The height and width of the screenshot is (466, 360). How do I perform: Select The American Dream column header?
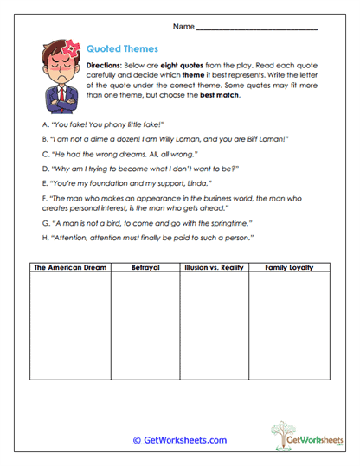(70, 268)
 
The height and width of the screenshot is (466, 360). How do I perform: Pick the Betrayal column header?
(144, 268)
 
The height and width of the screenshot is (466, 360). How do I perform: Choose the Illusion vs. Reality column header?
(213, 268)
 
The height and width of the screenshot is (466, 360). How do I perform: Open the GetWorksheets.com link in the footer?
(179, 440)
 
